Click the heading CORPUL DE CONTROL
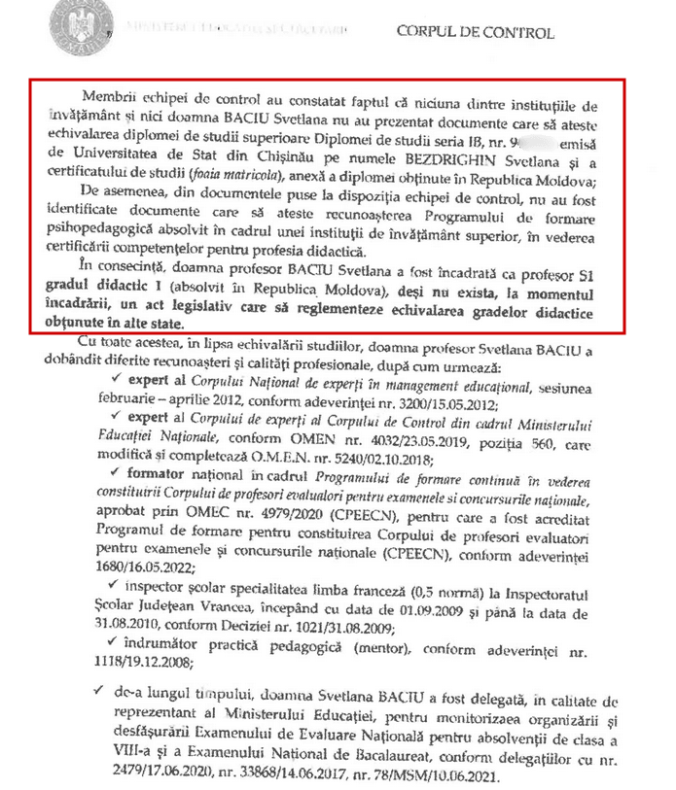pos(475,33)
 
